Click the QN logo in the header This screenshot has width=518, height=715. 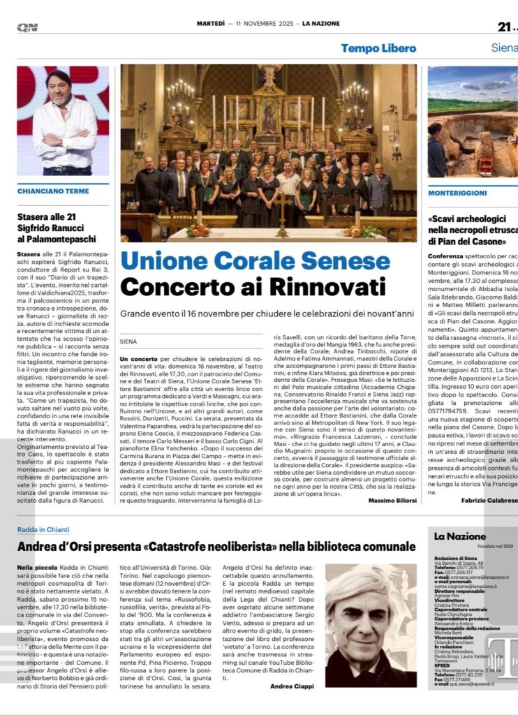27,27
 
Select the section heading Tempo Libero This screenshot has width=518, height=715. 378,48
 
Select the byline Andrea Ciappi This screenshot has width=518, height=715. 292,686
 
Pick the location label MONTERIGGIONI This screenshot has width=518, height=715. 457,190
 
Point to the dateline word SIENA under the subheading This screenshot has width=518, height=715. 129,341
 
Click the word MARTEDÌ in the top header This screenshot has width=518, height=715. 209,23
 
